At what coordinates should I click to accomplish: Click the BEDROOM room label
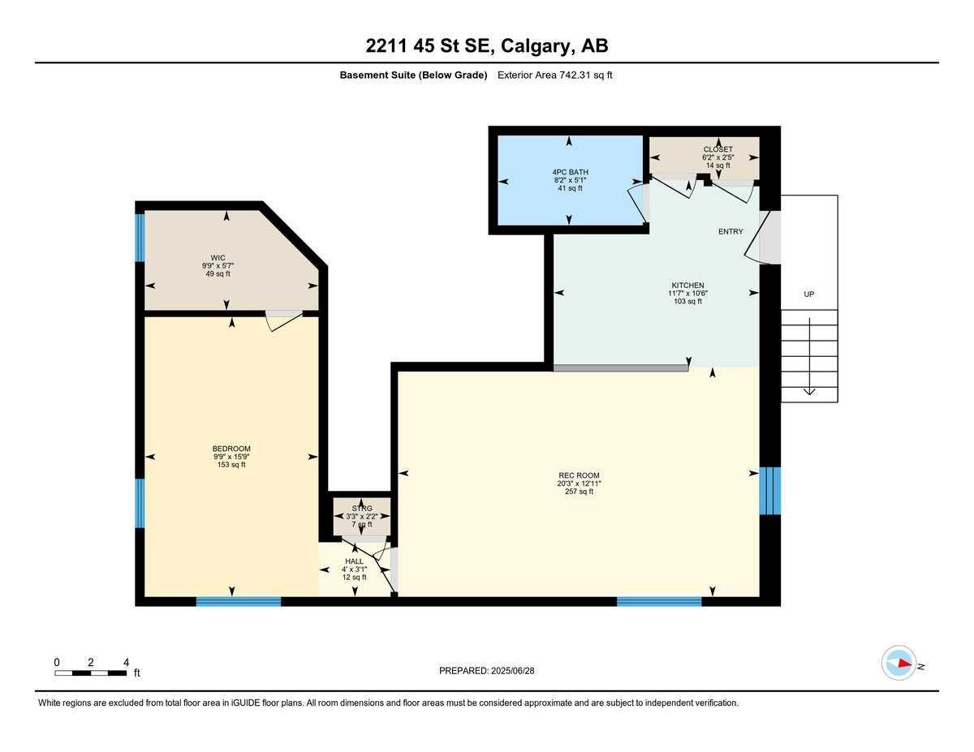[x=231, y=449]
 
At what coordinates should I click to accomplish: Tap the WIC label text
[x=218, y=258]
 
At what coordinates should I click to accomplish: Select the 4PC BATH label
[x=569, y=172]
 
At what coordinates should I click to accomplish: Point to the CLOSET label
[x=718, y=149]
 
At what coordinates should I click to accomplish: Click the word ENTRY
[x=730, y=231]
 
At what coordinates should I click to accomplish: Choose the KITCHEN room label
[x=687, y=285]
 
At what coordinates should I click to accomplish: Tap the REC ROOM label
[x=579, y=475]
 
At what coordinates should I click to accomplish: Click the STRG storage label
[x=362, y=509]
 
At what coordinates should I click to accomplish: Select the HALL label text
[x=354, y=561]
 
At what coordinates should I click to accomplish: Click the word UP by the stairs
[x=808, y=294]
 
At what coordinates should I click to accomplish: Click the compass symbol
[x=899, y=663]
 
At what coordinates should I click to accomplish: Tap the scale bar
[x=91, y=673]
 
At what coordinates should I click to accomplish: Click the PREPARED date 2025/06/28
[x=487, y=671]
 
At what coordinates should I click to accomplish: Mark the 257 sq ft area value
[x=579, y=492]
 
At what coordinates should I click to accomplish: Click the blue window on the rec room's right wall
[x=769, y=491]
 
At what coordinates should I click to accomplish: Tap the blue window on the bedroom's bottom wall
[x=238, y=601]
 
